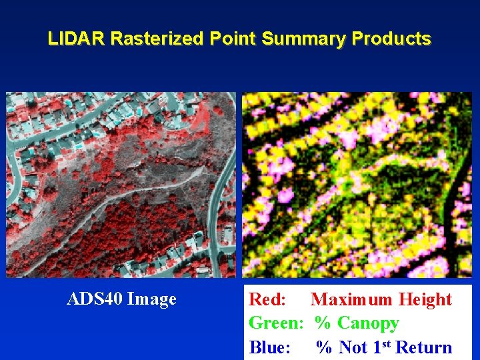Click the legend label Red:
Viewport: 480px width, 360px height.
coord(267,299)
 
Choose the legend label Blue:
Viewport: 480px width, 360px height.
coord(269,347)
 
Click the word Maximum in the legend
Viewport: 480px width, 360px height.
coord(351,299)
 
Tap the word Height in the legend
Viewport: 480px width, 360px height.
coord(425,299)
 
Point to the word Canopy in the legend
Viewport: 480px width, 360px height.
coord(368,323)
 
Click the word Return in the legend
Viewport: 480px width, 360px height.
coord(424,347)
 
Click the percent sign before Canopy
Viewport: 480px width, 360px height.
coord(323,323)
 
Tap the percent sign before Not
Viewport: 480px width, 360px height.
coord(324,347)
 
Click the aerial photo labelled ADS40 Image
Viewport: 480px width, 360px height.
coord(121,185)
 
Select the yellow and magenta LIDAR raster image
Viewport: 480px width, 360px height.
coord(357,185)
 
